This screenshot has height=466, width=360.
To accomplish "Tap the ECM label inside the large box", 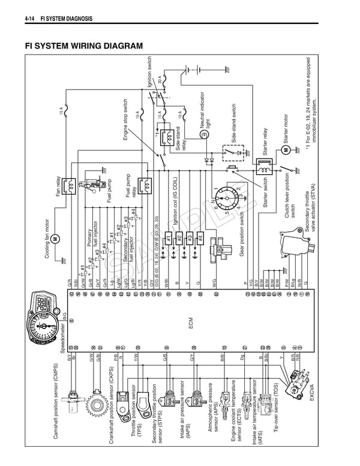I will [x=190, y=324].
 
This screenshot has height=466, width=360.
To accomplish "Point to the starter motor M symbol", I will [x=286, y=149].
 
